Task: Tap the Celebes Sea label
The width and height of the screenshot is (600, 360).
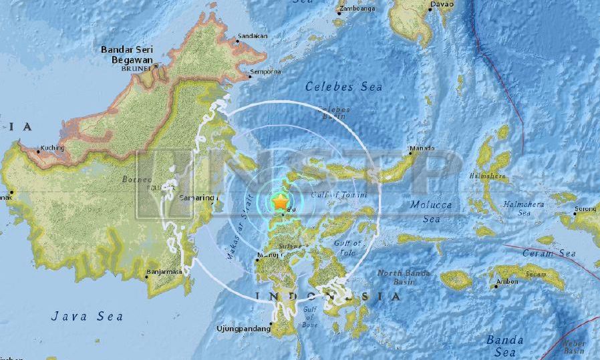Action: pyautogui.click(x=343, y=86)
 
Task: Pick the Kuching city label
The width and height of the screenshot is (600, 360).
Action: pyautogui.click(x=52, y=148)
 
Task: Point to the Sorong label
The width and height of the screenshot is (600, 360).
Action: pyautogui.click(x=587, y=209)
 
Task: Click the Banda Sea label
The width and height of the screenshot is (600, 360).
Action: pyautogui.click(x=504, y=346)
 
